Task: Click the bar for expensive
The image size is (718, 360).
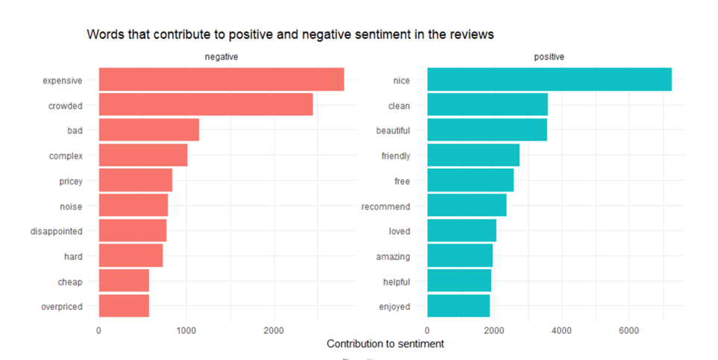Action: click(x=221, y=80)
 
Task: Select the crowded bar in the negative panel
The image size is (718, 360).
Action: click(x=205, y=105)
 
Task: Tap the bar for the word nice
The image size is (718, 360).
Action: click(x=549, y=80)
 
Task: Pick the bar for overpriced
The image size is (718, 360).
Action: click(x=124, y=306)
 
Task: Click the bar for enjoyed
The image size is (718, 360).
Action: click(x=459, y=306)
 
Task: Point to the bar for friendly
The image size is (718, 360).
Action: click(x=473, y=156)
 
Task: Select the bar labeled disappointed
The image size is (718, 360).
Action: click(x=133, y=231)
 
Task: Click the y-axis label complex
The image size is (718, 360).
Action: click(x=66, y=156)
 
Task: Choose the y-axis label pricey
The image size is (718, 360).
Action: click(x=70, y=181)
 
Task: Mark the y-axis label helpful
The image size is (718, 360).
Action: click(x=395, y=282)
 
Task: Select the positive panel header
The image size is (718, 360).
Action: click(x=549, y=57)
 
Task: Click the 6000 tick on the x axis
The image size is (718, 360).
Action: click(x=629, y=330)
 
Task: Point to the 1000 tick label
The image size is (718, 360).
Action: click(x=186, y=330)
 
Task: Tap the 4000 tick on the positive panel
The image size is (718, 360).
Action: click(x=561, y=330)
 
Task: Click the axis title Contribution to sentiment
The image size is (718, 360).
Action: click(x=385, y=344)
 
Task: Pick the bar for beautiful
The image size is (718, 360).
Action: click(x=487, y=130)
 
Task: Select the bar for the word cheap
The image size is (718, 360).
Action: click(x=124, y=282)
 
